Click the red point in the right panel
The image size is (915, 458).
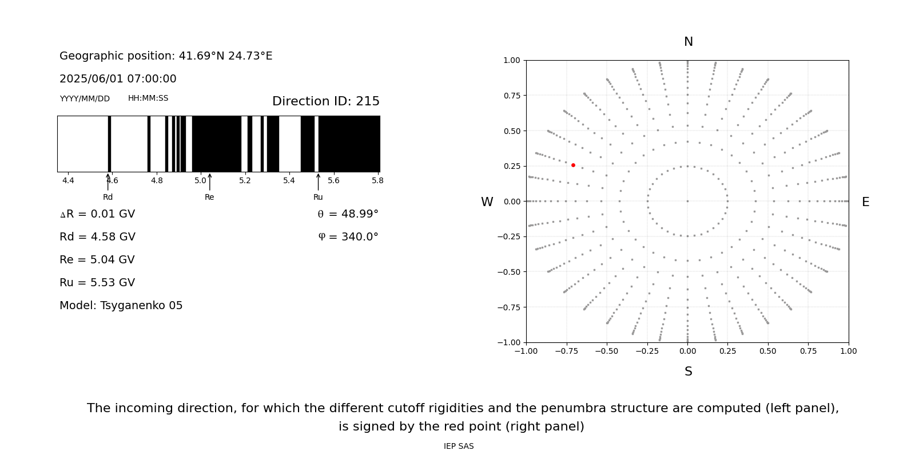coord(573,165)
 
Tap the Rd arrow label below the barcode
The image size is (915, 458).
coord(108,198)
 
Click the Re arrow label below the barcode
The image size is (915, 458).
coord(209,198)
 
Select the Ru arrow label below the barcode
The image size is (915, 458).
coord(318,198)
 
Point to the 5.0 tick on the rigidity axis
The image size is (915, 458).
coord(201,180)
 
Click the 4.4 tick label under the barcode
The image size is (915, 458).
coord(68,181)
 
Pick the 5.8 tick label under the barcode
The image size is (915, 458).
coord(377,181)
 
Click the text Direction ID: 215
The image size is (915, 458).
coord(325,101)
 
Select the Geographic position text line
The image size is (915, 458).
coord(166,56)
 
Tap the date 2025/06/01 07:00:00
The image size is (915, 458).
coord(118,79)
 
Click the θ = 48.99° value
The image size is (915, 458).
coord(348,214)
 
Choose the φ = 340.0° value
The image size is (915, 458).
coord(348,237)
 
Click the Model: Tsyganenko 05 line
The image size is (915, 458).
coord(121,306)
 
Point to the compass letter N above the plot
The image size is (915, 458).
coord(689,42)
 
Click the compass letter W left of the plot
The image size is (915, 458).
coord(487,202)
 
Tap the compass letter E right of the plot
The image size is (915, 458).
coord(865,202)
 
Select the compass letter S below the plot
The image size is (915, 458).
coord(689,372)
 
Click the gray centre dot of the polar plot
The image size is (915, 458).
coord(687,201)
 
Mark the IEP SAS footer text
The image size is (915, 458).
coord(459,447)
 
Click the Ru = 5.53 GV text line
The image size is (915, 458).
coord(97,283)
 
